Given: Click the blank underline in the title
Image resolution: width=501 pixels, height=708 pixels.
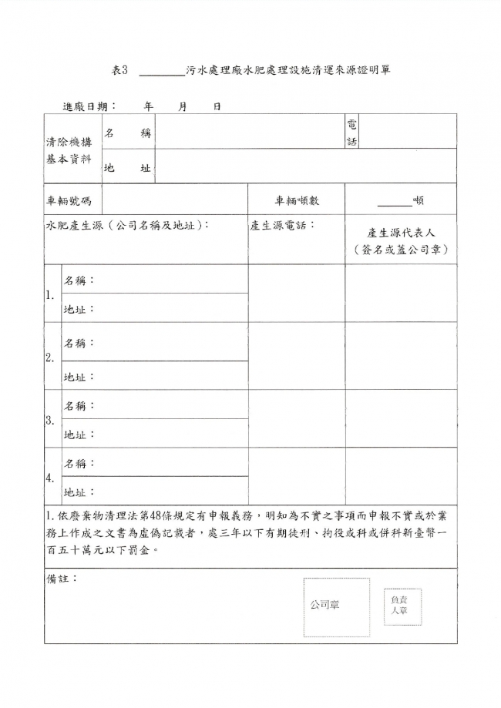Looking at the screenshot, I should pos(161,72).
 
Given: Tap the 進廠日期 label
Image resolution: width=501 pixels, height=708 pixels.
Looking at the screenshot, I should pos(89,106).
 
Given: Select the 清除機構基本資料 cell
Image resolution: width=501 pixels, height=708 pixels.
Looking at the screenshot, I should pos(70,149).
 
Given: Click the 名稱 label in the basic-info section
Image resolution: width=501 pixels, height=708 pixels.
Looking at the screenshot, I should pos(127,133).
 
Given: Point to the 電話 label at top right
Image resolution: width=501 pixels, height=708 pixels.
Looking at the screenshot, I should pos(351,132).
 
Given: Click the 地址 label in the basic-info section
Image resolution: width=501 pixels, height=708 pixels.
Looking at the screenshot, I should pos(127,168).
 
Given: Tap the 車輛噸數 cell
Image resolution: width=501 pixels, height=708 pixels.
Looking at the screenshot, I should pos(297,201).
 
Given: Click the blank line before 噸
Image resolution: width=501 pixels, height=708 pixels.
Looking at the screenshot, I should pos(395,203).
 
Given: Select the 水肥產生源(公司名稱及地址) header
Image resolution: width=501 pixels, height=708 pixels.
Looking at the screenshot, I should pos(127,225).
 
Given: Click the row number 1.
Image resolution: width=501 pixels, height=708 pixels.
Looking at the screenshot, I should pos(50,294).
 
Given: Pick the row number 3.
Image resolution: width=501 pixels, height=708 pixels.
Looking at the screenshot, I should pos(50,421).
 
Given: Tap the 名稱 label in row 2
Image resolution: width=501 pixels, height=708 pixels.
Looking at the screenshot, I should pos(79,343).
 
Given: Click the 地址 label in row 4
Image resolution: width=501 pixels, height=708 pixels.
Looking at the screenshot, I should pos(79,492).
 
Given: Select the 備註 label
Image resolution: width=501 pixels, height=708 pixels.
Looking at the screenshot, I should pos(62,578).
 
